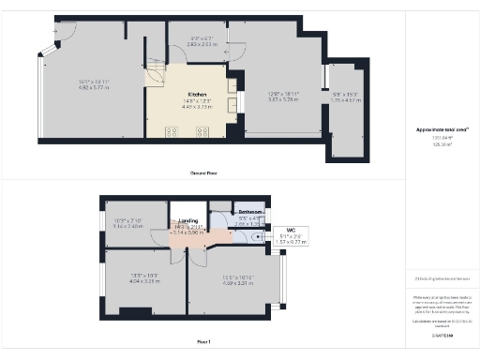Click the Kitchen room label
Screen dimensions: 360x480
pos(197,95)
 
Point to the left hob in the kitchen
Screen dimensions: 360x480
pos(173,131)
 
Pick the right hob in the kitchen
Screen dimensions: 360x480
pos(202,131)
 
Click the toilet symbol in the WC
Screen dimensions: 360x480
pos(260,236)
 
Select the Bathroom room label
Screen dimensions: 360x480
pos(250,213)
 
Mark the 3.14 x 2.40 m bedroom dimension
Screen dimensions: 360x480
pos(127,226)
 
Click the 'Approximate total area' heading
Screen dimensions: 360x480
pos(442,129)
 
